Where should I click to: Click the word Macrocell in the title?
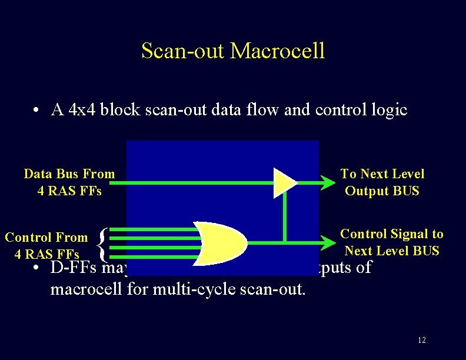point(277,51)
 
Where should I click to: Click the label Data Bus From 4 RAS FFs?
point(69,182)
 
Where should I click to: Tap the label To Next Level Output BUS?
point(382,182)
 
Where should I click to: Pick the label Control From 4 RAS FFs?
point(46,246)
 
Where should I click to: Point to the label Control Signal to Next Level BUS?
point(392,242)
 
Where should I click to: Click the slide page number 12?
point(421,340)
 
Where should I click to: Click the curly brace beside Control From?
point(104,245)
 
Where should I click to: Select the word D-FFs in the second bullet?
point(75,268)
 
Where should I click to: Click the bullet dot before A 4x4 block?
point(37,111)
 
